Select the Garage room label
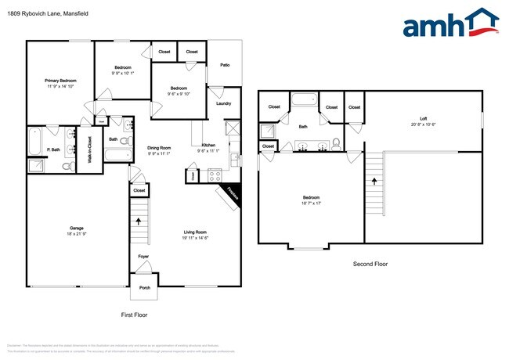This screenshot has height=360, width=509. (x=77, y=228)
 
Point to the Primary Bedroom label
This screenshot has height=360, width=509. (x=60, y=80)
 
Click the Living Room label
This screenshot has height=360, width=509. (x=195, y=232)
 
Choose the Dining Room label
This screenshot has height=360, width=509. (x=159, y=148)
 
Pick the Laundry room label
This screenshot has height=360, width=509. (x=223, y=103)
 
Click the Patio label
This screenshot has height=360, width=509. (x=224, y=65)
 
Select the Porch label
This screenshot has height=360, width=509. (x=144, y=288)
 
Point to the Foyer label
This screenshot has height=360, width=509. (x=143, y=256)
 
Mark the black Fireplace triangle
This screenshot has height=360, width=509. (x=235, y=196)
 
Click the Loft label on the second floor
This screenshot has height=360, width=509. (x=422, y=118)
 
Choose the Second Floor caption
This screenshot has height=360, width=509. (x=370, y=265)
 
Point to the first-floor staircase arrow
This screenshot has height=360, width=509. (x=139, y=221)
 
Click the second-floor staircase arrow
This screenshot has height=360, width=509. (x=374, y=181)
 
